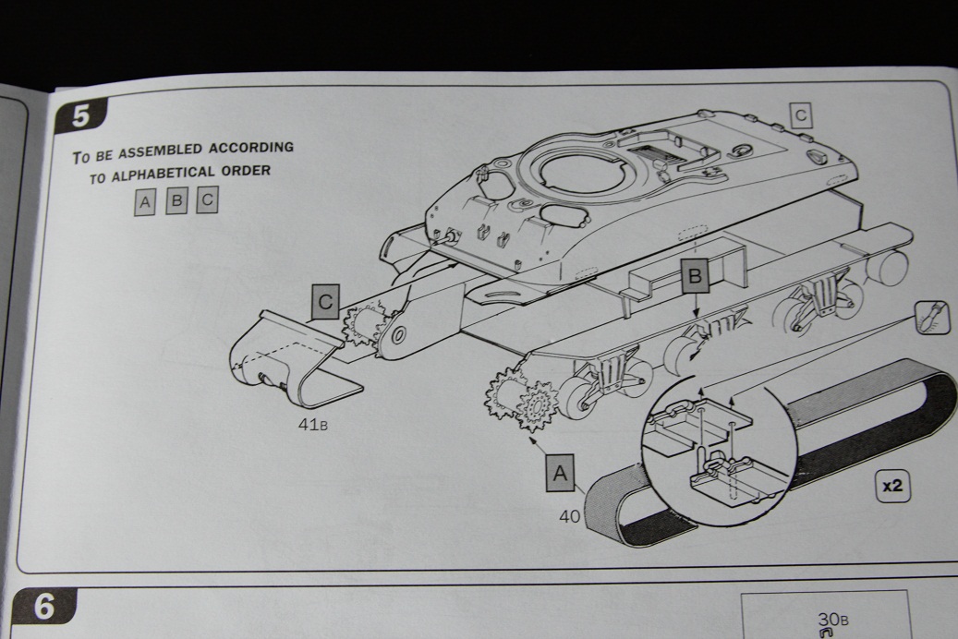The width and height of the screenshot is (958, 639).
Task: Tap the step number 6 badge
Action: [45, 609]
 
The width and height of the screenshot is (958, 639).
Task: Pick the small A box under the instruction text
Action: [145, 201]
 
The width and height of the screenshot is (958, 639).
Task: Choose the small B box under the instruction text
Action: [176, 200]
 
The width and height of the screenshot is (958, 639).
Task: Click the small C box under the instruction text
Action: [207, 199]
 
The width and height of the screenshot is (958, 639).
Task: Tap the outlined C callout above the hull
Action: [801, 115]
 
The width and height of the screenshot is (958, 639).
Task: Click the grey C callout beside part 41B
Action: [325, 302]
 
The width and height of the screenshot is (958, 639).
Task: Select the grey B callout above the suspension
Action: [696, 274]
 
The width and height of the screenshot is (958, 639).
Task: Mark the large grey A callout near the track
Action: [560, 472]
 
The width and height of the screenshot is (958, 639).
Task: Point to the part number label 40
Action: [569, 517]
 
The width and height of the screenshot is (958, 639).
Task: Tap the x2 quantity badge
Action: [891, 487]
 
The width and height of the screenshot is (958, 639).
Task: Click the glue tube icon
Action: [930, 319]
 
